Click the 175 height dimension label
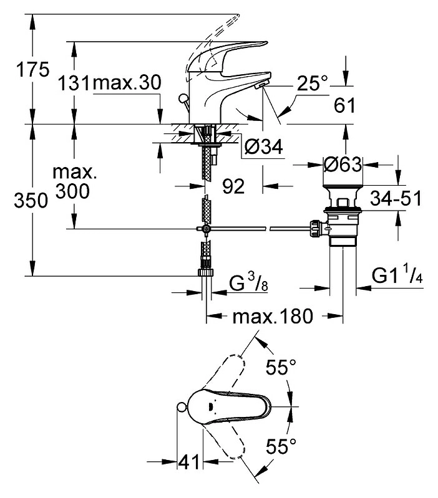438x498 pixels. (x=33, y=69)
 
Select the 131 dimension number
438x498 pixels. (x=74, y=84)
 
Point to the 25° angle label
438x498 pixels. (x=312, y=84)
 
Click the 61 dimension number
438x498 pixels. (x=344, y=105)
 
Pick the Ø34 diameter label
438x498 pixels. (x=263, y=146)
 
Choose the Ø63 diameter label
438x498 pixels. (x=343, y=164)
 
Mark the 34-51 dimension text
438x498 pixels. (x=396, y=198)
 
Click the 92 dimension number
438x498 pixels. (x=233, y=186)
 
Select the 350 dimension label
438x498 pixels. (x=31, y=201)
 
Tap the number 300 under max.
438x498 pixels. (x=73, y=191)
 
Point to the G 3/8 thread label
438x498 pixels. (x=248, y=283)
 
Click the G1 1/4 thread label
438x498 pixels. (x=397, y=275)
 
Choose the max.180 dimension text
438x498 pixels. (x=273, y=317)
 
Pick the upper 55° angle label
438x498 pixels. (x=281, y=367)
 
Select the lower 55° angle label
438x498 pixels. (x=281, y=446)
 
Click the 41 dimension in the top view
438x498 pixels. (x=189, y=461)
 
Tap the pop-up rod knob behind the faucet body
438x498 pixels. (x=183, y=99)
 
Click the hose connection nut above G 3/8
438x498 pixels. (x=206, y=272)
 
